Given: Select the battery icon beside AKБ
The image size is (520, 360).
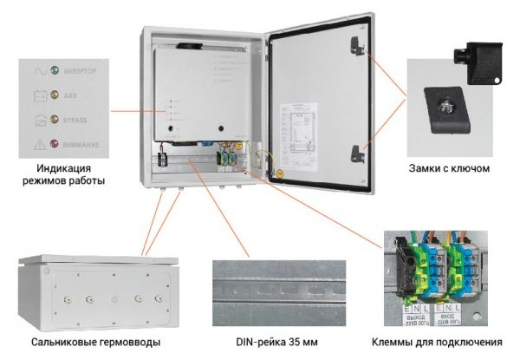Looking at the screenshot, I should [38, 94].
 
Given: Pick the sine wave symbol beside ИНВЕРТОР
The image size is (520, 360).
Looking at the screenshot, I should [38, 68].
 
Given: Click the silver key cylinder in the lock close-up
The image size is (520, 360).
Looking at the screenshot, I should [448, 109].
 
